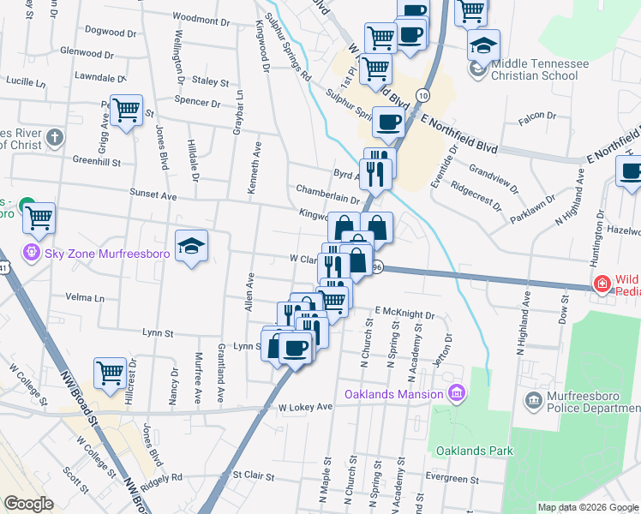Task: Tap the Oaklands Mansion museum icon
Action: (x=458, y=394)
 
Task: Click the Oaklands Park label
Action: (x=474, y=450)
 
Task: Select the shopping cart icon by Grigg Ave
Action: (x=126, y=110)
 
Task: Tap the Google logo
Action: (x=29, y=504)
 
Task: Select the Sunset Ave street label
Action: (x=153, y=195)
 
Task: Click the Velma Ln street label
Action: (x=85, y=298)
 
